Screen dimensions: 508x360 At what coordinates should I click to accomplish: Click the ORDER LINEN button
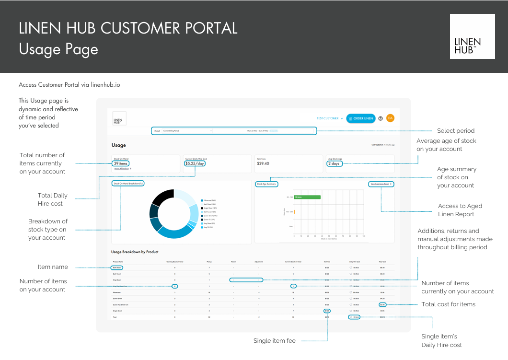[x=361, y=118]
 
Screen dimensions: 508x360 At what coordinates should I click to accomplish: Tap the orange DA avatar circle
[x=390, y=118]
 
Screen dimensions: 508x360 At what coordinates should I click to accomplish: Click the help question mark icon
[x=381, y=118]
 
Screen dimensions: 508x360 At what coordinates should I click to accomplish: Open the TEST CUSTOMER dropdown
[x=330, y=118]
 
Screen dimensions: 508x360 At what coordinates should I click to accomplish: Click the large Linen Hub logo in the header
[x=472, y=36]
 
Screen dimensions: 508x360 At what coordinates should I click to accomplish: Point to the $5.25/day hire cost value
[x=195, y=163]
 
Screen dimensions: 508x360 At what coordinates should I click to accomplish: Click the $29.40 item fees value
[x=263, y=163]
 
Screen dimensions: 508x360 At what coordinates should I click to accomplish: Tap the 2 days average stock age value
[x=334, y=163]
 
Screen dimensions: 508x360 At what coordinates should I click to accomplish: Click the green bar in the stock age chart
[x=307, y=197]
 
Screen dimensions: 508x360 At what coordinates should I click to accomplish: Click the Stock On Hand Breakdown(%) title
[x=128, y=183]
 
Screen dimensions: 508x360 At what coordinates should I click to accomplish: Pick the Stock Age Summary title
[x=266, y=184]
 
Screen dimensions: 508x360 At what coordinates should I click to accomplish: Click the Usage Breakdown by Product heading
[x=135, y=252]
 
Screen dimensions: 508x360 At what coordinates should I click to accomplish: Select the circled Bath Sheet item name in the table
[x=116, y=267]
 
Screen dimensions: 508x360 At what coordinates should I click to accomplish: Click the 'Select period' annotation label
[x=455, y=131]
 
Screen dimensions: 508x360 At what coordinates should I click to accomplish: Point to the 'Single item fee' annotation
[x=275, y=341]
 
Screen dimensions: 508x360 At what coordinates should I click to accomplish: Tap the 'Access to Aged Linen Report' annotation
[x=460, y=210]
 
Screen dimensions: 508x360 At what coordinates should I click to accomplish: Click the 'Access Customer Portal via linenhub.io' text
[x=69, y=85]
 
